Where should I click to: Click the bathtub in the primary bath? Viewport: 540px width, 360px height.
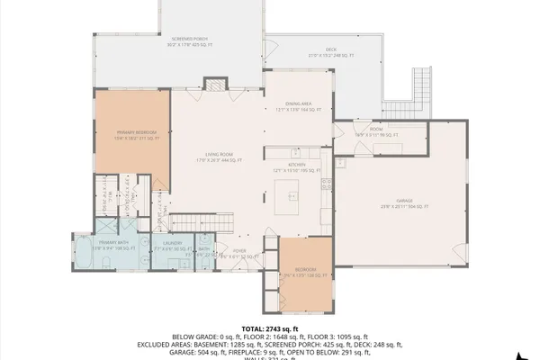[x=81, y=253]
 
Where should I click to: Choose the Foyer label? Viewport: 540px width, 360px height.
[x=239, y=252]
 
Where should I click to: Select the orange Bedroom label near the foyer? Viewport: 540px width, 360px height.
[x=306, y=271]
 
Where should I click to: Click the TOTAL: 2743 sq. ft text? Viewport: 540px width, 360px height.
[x=269, y=328]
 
